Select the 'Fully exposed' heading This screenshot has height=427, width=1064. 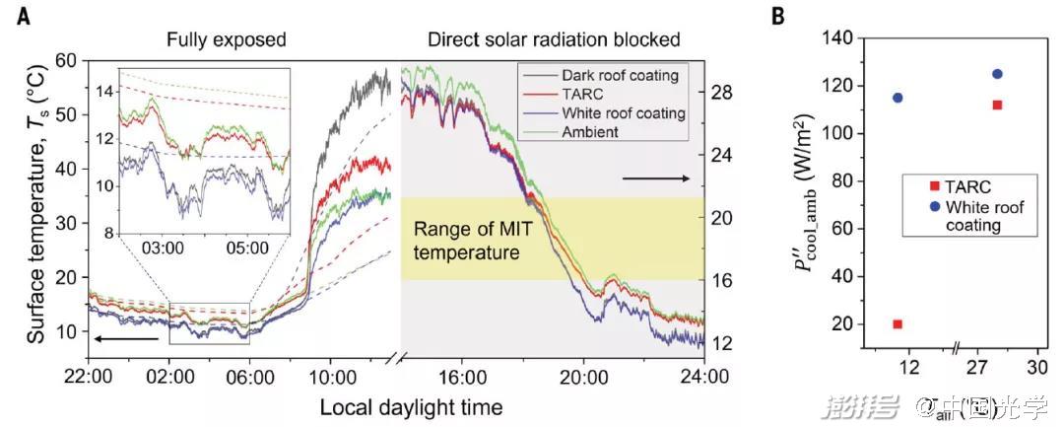[x=226, y=40]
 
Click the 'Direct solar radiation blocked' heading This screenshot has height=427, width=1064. [x=554, y=40]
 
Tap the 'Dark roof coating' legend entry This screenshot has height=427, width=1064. [x=620, y=75]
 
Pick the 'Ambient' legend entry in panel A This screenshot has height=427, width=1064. [x=590, y=132]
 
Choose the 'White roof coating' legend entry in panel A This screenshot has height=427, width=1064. [x=623, y=113]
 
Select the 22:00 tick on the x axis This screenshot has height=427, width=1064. [x=88, y=376]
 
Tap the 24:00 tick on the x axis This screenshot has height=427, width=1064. [x=705, y=376]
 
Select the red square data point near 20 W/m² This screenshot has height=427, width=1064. [x=898, y=323]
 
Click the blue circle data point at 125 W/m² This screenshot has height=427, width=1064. [x=997, y=74]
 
